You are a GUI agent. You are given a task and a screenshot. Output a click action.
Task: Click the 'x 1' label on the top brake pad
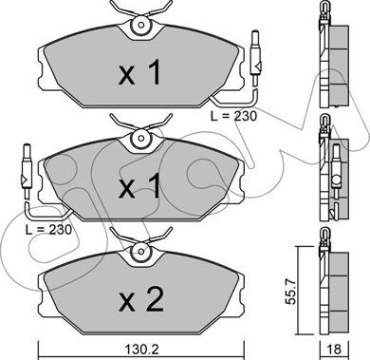point(139,72)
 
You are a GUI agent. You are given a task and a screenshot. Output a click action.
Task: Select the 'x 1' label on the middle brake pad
point(139,186)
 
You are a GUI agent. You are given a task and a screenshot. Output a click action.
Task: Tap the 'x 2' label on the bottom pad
point(141,298)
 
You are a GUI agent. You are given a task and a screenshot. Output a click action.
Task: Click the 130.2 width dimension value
point(141,350)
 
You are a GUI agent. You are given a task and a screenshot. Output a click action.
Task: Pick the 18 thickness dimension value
point(334,350)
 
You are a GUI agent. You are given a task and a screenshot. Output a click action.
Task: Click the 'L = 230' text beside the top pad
point(234,116)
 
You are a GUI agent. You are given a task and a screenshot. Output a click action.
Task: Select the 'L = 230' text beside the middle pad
point(48,230)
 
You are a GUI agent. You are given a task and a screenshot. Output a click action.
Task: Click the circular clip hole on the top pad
point(140,25)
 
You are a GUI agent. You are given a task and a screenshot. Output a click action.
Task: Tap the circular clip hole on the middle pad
point(140,138)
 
